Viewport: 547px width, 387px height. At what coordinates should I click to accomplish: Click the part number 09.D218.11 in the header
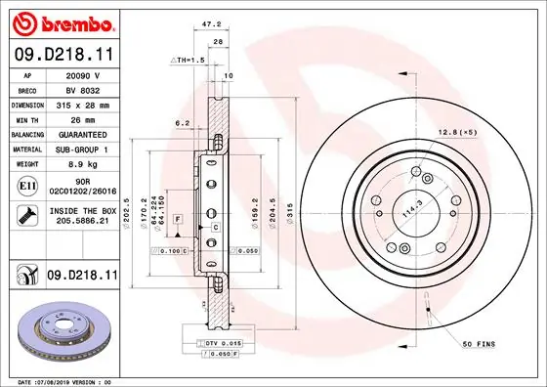pos(63,56)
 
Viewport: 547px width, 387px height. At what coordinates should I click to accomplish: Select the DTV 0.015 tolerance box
pos(218,343)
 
